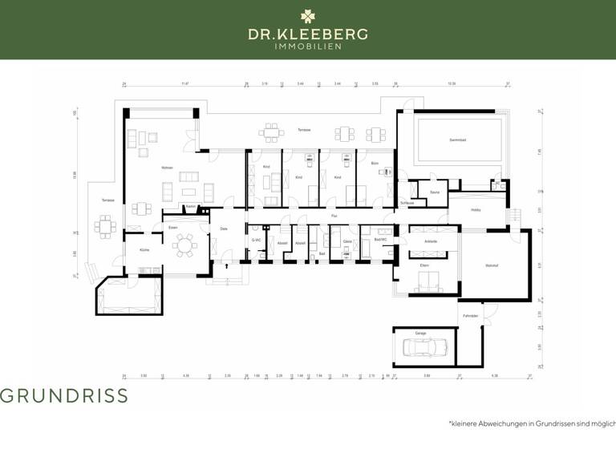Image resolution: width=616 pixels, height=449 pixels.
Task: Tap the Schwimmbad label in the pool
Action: pyautogui.click(x=457, y=140)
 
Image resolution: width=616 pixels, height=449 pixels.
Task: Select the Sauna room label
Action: pyautogui.click(x=434, y=192)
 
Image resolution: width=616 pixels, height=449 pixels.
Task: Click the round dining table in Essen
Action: pyautogui.click(x=185, y=245)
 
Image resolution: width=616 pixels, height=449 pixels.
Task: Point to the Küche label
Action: pyautogui.click(x=144, y=250)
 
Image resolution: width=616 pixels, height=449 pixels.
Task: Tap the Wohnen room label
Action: pyautogui.click(x=167, y=168)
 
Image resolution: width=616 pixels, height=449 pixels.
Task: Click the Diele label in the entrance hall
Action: pyautogui.click(x=224, y=229)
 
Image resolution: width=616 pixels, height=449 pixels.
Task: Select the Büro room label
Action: pyautogui.click(x=375, y=163)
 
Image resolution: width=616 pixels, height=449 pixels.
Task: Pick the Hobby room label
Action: pyautogui.click(x=476, y=210)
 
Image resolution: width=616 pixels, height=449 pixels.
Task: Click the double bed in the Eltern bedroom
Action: pyautogui.click(x=425, y=281)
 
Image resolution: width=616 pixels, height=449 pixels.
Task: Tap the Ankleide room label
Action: pyautogui.click(x=431, y=241)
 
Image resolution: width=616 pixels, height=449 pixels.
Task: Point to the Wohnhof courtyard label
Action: pyautogui.click(x=492, y=266)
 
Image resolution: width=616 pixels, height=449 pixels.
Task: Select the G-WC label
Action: pyautogui.click(x=256, y=240)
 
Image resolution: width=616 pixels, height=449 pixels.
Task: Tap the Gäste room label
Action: pyautogui.click(x=347, y=241)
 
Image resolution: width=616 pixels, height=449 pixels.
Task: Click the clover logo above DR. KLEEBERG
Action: pyautogui.click(x=308, y=15)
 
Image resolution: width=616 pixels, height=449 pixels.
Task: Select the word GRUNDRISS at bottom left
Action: pyautogui.click(x=63, y=395)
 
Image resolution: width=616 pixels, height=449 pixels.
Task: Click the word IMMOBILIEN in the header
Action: pyautogui.click(x=308, y=47)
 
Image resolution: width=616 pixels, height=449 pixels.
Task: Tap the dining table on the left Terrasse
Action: pyautogui.click(x=104, y=227)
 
